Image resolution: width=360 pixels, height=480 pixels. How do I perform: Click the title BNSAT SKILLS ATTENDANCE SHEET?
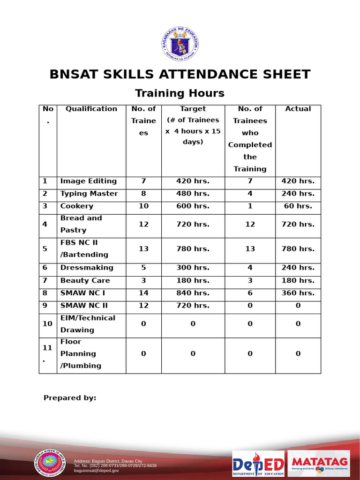[x=180, y=75]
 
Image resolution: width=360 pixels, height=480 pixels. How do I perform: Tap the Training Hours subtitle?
[x=180, y=93]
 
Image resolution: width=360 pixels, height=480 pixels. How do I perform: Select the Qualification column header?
[x=91, y=109]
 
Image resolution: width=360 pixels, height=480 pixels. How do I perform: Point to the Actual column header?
[x=298, y=109]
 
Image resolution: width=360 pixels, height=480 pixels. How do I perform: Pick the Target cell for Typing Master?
[x=193, y=194]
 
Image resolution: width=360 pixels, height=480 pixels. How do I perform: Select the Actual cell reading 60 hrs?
[x=298, y=206]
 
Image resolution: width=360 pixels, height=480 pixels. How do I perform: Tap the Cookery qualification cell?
[x=77, y=206]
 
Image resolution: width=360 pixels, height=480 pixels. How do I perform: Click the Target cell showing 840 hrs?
[x=193, y=293]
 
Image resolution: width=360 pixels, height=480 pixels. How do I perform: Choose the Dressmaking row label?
[x=87, y=268]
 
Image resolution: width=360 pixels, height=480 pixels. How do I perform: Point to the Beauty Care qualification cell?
[x=85, y=280]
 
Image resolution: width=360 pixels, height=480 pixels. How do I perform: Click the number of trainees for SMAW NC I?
[x=143, y=293]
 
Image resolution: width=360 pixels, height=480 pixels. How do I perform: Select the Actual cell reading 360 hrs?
[x=298, y=293]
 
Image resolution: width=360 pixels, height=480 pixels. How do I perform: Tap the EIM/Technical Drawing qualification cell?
[x=88, y=324]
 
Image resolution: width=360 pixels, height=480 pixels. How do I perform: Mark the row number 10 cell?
[x=47, y=324]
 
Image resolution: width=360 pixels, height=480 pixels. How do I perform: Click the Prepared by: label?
[x=70, y=398]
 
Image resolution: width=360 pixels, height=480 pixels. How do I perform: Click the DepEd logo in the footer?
[x=258, y=464]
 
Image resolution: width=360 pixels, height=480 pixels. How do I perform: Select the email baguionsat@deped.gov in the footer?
[x=97, y=471]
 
